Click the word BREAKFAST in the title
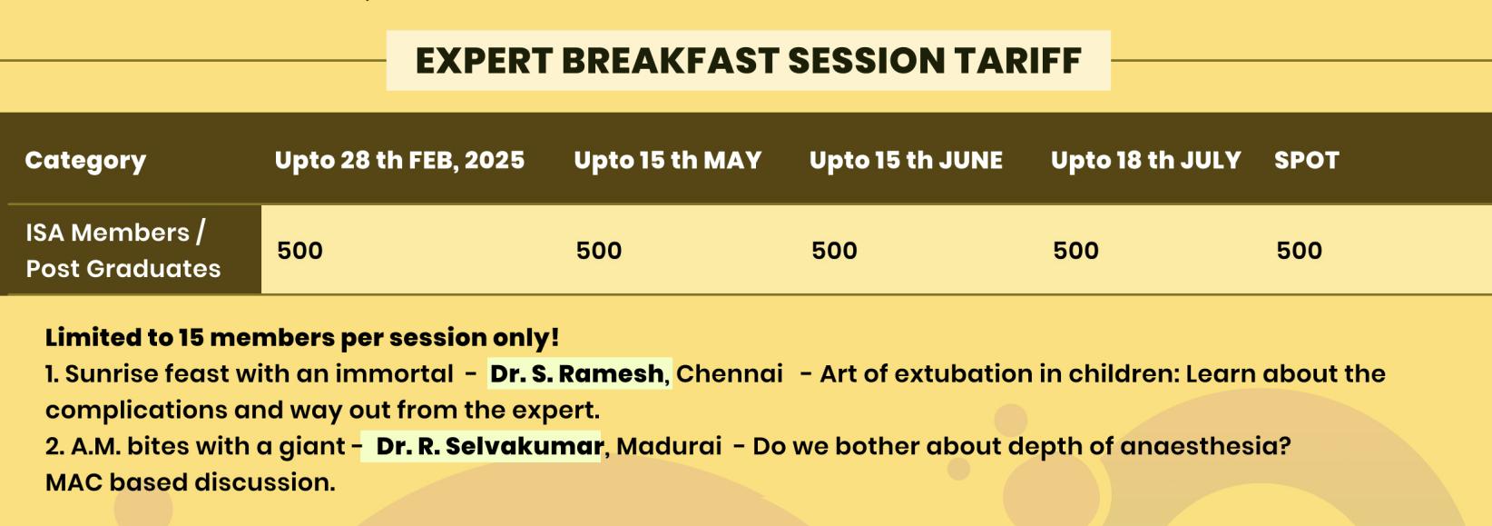point(670,61)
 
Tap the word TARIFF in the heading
point(1017,61)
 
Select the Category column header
point(85,162)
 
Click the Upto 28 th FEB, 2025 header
point(399,160)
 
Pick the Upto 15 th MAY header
point(667,160)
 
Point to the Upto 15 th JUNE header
point(906,160)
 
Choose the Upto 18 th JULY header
point(1145,160)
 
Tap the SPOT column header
point(1306,160)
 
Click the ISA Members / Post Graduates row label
point(123,251)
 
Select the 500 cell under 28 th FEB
point(299,251)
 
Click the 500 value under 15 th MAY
point(599,251)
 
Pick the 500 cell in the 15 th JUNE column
point(834,251)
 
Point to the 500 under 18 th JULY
point(1075,251)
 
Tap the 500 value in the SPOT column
point(1299,251)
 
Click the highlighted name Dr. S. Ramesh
point(577,373)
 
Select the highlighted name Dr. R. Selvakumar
point(489,446)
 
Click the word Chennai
point(730,373)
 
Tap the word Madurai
point(669,446)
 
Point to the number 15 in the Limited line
point(191,337)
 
